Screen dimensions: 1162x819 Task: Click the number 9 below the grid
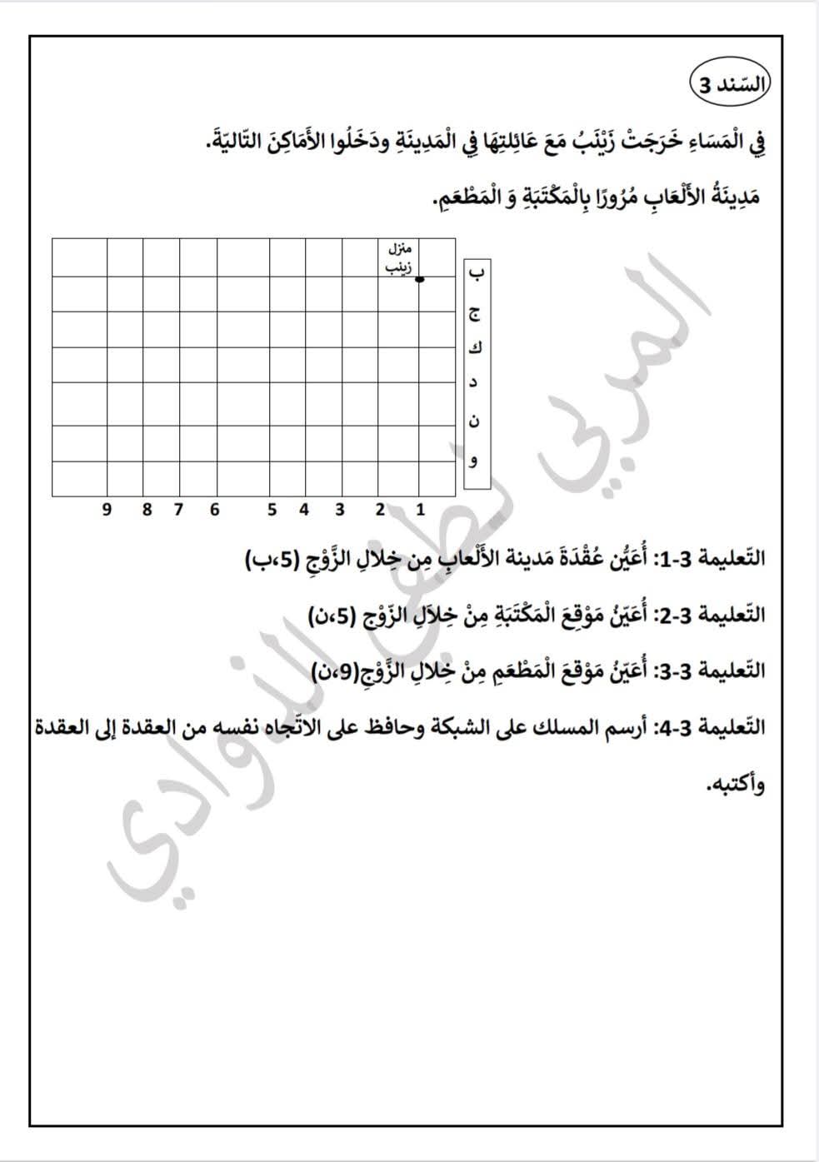(107, 510)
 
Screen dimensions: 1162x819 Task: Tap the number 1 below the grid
(421, 510)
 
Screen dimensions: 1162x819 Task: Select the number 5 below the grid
(272, 510)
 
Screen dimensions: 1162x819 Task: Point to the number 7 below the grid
(178, 510)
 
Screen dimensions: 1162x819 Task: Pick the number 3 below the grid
(340, 510)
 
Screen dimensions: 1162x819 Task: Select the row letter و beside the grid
(475, 461)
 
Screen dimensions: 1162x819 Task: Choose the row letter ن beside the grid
(475, 421)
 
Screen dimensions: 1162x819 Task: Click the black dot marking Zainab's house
(419, 279)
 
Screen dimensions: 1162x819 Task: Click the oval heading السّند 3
(731, 84)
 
